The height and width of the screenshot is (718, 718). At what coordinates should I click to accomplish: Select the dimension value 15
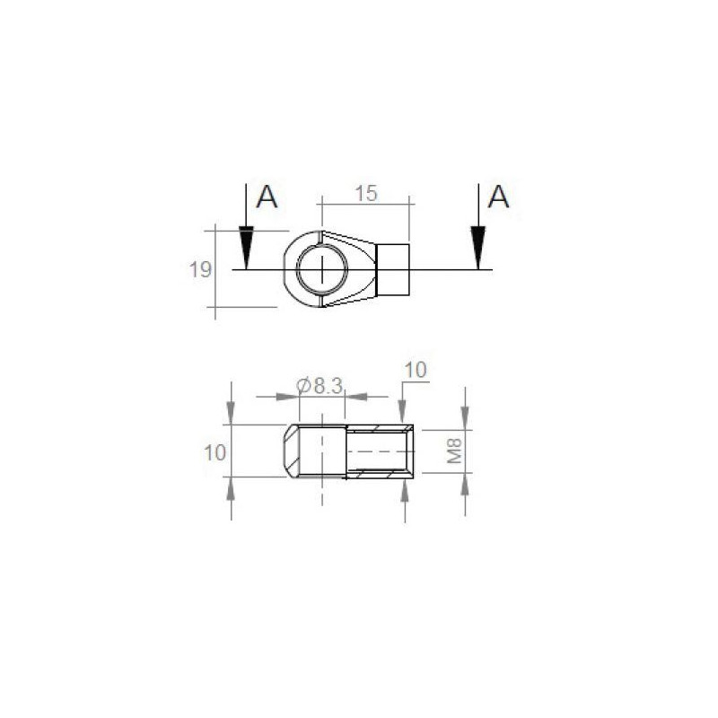[x=365, y=193]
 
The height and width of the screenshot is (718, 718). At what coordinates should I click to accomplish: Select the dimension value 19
[x=200, y=269]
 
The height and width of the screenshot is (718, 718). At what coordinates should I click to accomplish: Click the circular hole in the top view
[x=322, y=269]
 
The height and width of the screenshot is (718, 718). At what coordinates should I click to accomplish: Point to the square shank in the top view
[x=392, y=269]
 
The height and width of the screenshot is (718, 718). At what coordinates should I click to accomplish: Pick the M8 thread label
[x=456, y=451]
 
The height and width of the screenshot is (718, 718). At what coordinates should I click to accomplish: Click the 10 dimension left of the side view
[x=215, y=451]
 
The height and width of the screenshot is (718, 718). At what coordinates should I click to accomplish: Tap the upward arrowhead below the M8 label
[x=465, y=486]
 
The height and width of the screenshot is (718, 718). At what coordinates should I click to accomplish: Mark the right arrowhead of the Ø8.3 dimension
[x=356, y=396]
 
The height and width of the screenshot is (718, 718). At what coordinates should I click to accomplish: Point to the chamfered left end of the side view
[x=292, y=451]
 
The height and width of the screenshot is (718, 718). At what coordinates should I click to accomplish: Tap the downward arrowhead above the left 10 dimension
[x=232, y=413]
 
